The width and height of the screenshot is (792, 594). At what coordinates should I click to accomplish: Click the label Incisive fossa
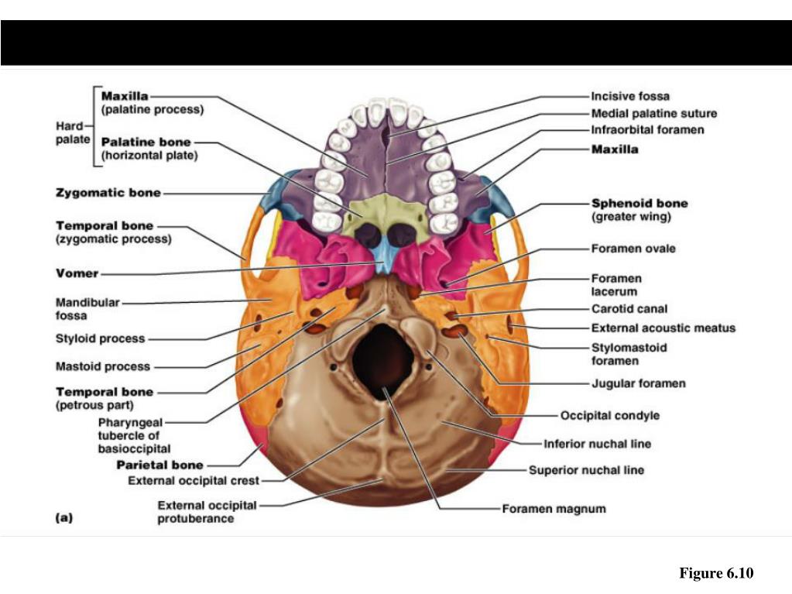(x=630, y=97)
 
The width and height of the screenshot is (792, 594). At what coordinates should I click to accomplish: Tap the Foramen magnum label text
(x=554, y=509)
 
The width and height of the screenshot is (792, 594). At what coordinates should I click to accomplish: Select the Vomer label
(x=77, y=273)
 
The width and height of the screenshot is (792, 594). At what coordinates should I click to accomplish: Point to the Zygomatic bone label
(x=108, y=192)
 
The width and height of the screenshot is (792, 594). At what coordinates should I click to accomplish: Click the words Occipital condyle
(x=610, y=416)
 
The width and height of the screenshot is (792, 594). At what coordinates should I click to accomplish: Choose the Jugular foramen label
(x=638, y=383)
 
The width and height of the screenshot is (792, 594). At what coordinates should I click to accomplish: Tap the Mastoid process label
(x=103, y=366)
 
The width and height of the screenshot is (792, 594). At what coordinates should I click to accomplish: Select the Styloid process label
(x=100, y=338)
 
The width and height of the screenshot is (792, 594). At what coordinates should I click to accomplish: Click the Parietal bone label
(x=159, y=465)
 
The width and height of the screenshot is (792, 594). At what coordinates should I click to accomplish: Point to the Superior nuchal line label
(x=586, y=470)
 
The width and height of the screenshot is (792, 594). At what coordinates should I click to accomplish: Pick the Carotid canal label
(x=629, y=309)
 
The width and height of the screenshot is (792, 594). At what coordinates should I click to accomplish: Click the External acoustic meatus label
(x=663, y=328)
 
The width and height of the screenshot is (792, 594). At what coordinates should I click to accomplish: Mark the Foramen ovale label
(x=633, y=249)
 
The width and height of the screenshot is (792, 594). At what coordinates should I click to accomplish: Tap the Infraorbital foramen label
(x=647, y=130)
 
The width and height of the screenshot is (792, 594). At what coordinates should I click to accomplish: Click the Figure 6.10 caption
(x=715, y=573)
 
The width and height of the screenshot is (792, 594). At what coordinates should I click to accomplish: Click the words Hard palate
(x=73, y=132)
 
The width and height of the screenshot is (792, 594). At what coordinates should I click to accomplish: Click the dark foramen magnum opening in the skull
(x=383, y=355)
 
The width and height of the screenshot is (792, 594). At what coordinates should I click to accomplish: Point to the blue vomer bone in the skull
(x=383, y=256)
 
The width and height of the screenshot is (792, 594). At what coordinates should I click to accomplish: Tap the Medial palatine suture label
(x=653, y=114)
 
